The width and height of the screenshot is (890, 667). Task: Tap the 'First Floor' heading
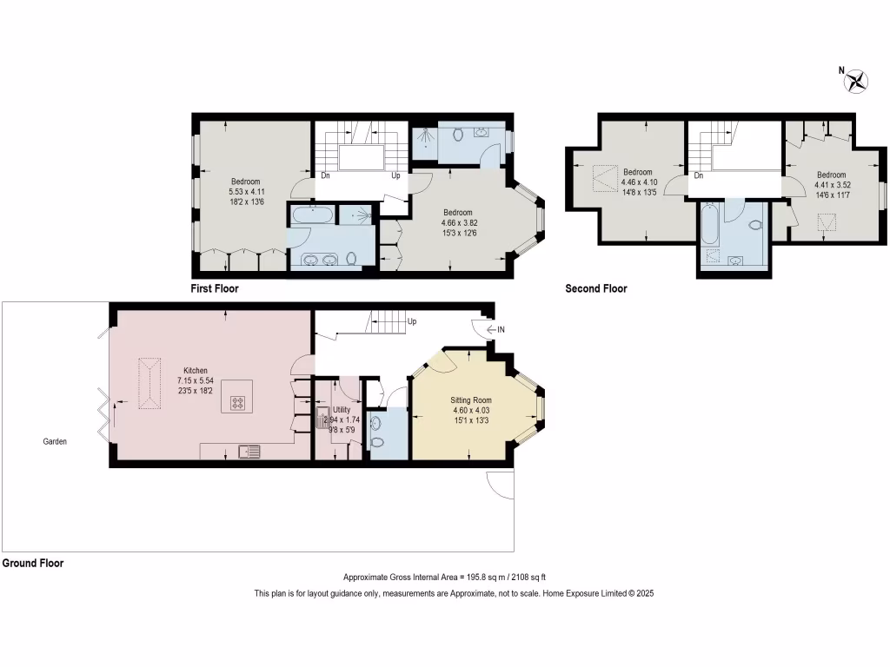click(214, 288)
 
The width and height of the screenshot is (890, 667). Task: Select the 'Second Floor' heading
click(596, 288)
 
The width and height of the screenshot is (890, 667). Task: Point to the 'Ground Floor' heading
click(33, 563)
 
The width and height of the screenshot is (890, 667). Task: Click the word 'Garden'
click(55, 441)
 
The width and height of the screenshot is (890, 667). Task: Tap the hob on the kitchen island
click(236, 403)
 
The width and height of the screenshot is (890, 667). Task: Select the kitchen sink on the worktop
click(249, 451)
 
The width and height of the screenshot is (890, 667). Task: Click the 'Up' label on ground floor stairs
click(412, 321)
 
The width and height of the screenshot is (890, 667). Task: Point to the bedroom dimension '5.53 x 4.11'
click(246, 191)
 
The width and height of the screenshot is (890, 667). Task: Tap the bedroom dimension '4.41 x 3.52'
click(831, 184)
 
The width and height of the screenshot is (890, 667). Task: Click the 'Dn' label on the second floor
click(699, 175)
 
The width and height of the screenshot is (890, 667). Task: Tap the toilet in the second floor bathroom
click(754, 225)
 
